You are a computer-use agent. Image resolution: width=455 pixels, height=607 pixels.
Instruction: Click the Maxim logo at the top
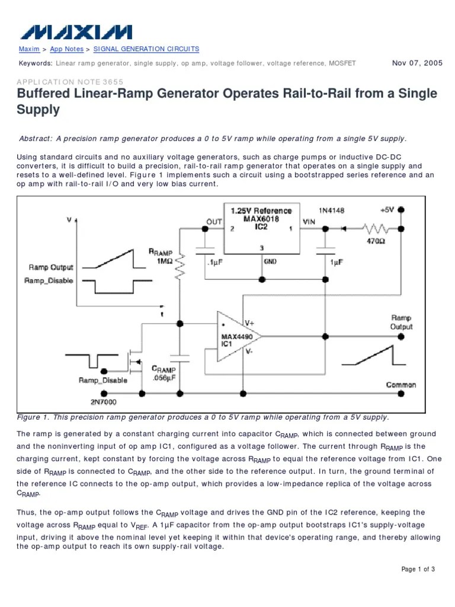pyautogui.click(x=73, y=32)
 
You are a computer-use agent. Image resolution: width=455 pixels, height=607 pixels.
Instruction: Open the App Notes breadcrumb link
pyautogui.click(x=66, y=49)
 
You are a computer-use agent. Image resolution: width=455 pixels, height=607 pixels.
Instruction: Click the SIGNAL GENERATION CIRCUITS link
pyautogui.click(x=146, y=49)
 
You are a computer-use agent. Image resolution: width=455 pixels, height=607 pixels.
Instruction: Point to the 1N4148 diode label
pyautogui.click(x=332, y=210)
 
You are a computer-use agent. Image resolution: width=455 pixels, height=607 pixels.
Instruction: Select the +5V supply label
pyautogui.click(x=386, y=210)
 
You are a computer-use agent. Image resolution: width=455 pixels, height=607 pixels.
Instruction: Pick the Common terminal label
pyautogui.click(x=400, y=385)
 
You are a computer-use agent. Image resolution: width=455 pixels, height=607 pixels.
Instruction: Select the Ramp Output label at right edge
pyautogui.click(x=401, y=322)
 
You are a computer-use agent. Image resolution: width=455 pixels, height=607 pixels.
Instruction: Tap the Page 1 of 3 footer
pyautogui.click(x=418, y=570)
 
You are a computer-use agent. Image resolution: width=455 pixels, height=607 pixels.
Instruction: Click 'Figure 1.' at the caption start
pyautogui.click(x=35, y=417)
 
